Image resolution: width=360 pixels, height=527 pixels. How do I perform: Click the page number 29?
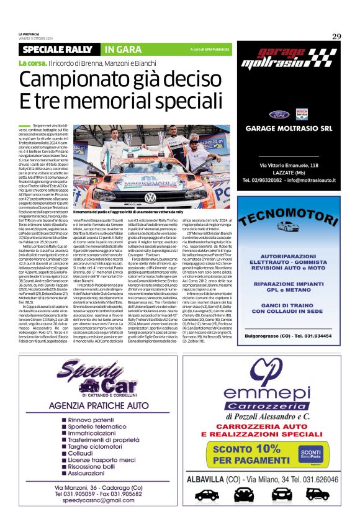(x=336, y=36)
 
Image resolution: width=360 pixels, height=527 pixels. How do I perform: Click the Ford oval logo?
(x=277, y=114)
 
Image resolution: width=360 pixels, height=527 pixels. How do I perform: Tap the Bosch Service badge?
(x=301, y=114)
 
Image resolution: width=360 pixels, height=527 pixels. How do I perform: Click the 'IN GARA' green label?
(x=119, y=49)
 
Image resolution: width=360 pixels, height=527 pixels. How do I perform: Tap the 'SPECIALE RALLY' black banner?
(x=57, y=49)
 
